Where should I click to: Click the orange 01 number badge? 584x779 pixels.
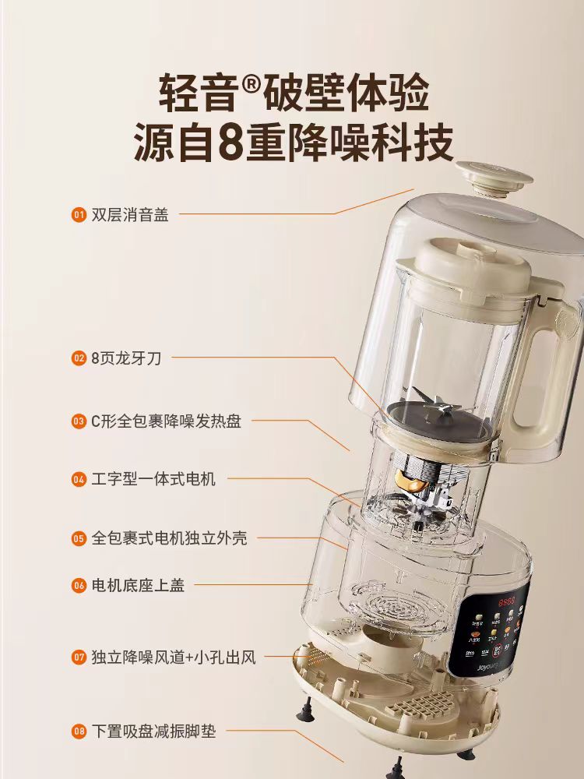click(x=78, y=214)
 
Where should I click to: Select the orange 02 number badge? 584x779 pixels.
click(x=78, y=358)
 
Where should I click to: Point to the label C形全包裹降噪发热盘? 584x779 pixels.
click(x=166, y=421)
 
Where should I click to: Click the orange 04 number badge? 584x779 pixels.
click(x=78, y=479)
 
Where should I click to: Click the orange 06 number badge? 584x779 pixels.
click(x=78, y=585)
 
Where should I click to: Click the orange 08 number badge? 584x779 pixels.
click(x=78, y=731)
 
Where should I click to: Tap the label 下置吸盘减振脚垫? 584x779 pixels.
click(x=153, y=731)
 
